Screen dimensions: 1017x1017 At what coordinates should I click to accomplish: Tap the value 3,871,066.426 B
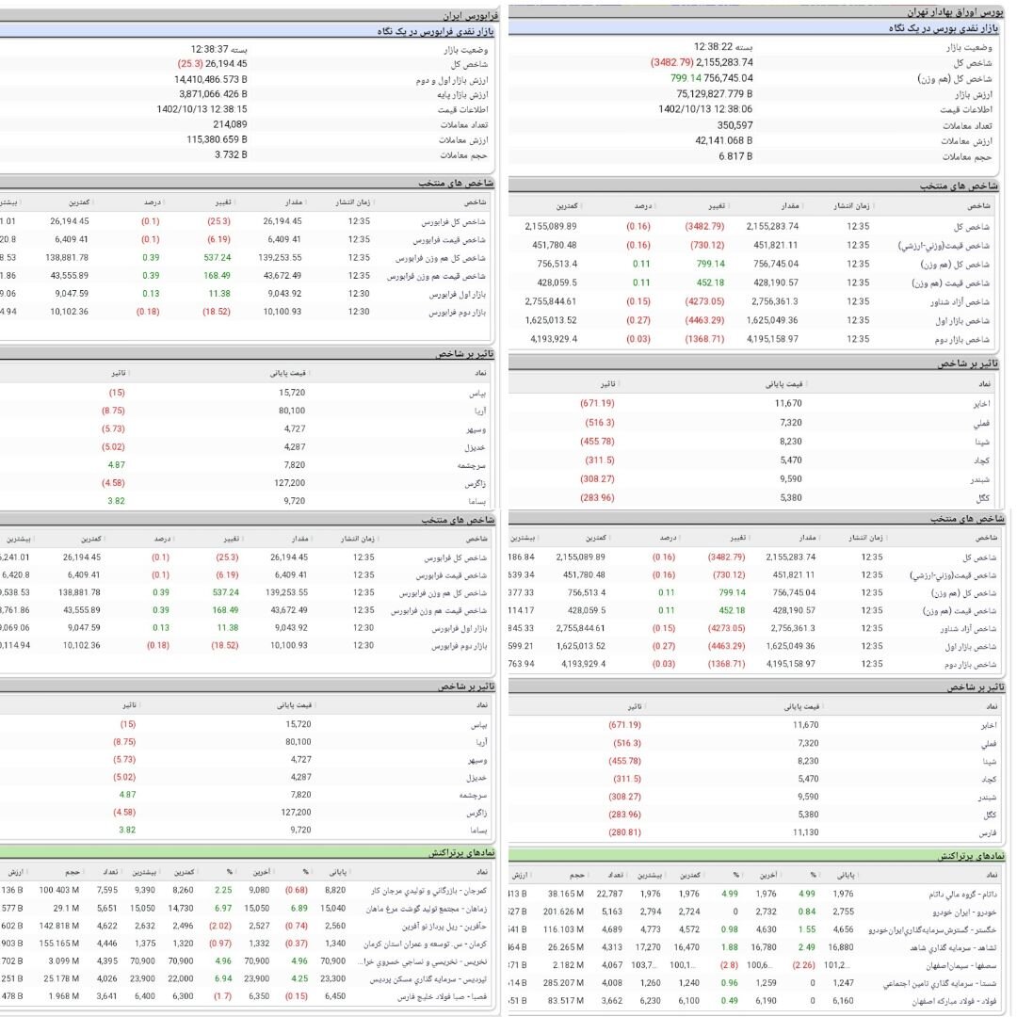click(x=207, y=94)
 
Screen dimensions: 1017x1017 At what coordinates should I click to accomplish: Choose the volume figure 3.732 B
click(x=231, y=154)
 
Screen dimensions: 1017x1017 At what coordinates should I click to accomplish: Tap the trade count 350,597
click(x=734, y=124)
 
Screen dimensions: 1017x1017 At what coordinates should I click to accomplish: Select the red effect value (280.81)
click(x=624, y=832)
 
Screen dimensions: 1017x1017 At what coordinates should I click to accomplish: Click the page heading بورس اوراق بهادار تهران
click(x=955, y=13)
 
